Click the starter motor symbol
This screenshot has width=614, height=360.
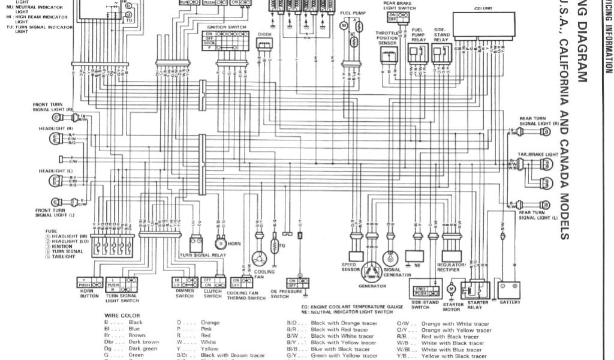click(452, 290)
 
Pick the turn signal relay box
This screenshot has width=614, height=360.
click(196, 244)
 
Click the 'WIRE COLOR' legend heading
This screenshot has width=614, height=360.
click(122, 316)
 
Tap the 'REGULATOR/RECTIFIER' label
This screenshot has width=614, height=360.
click(452, 267)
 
